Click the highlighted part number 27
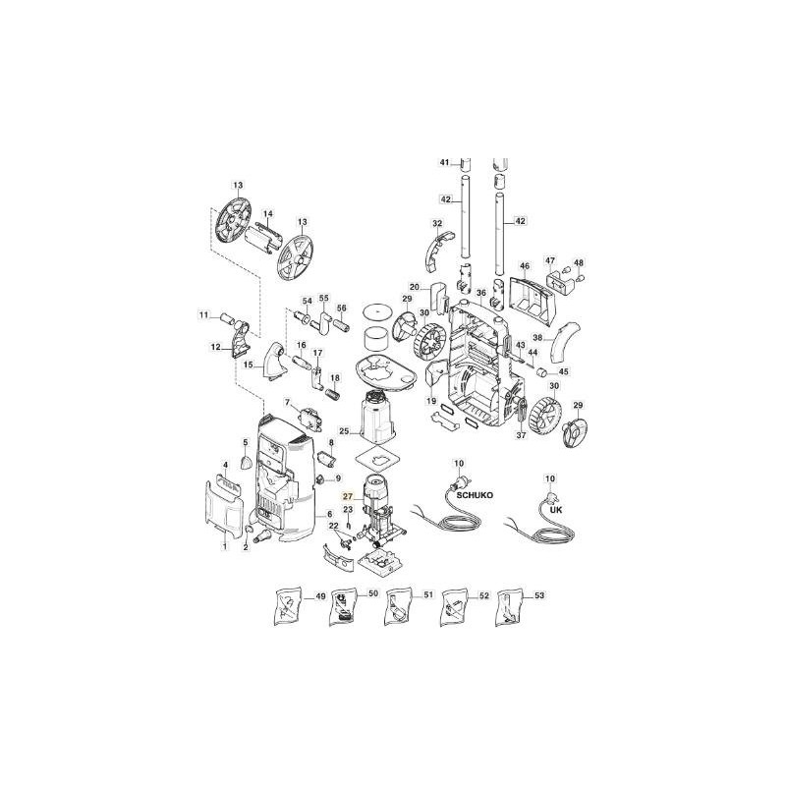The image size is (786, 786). (346, 498)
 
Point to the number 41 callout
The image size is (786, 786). (443, 162)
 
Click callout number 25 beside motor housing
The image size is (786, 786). (344, 431)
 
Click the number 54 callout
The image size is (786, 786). (307, 300)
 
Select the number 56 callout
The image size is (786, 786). (342, 308)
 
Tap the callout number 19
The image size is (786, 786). (430, 402)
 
